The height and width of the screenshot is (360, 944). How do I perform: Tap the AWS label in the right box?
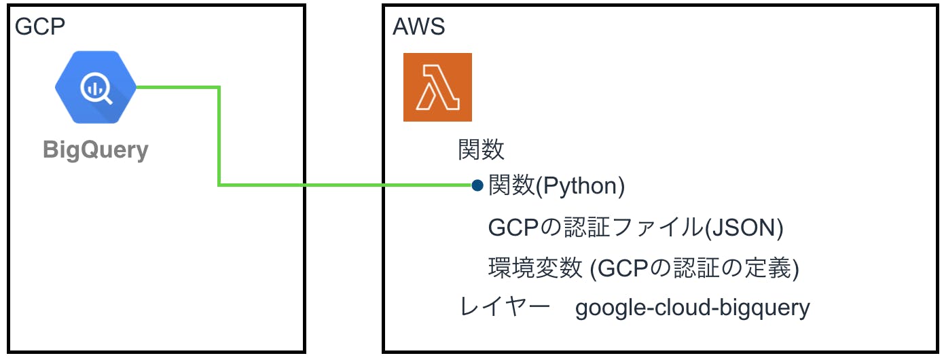(419, 28)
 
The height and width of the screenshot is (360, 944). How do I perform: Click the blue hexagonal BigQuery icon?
(96, 88)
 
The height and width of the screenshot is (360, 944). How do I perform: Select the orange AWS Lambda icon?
(437, 88)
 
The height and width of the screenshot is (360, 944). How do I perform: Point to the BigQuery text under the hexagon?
(96, 149)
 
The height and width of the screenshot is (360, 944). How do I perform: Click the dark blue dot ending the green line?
(477, 185)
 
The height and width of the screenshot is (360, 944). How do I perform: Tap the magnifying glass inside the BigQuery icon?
(96, 88)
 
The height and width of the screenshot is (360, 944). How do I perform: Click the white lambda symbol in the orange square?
(437, 88)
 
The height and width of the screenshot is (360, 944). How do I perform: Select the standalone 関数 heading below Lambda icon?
(482, 149)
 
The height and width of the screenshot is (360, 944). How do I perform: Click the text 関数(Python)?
(556, 186)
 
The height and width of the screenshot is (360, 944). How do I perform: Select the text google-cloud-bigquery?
(692, 308)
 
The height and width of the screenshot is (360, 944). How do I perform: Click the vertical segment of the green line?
(219, 136)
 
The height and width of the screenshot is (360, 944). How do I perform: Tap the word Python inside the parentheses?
(580, 186)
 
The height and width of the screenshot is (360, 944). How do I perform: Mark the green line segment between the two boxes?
(344, 184)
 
